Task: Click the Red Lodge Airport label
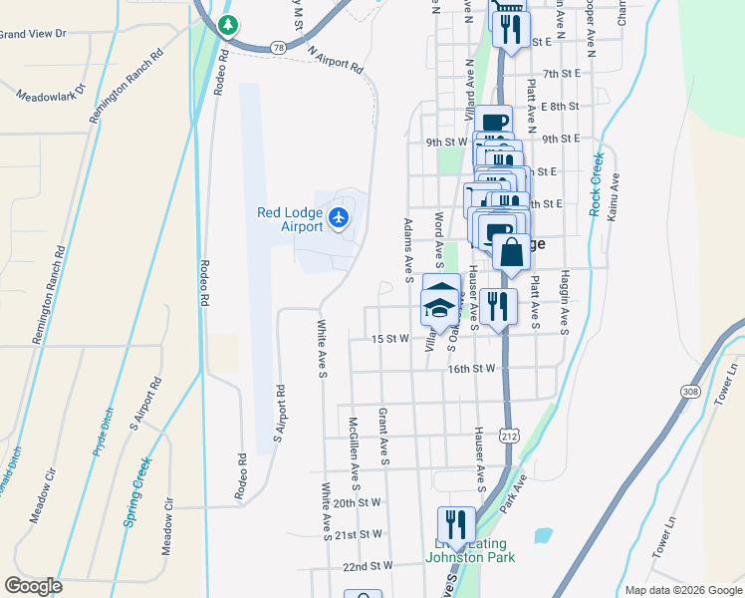click(x=289, y=219)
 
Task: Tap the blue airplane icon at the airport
click(x=340, y=216)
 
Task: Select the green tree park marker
click(x=230, y=23)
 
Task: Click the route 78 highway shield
click(x=278, y=47)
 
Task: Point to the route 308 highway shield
click(x=691, y=393)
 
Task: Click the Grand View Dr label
click(x=33, y=34)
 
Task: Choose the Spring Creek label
click(x=138, y=491)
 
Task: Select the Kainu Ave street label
click(x=616, y=197)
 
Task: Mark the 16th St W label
click(x=471, y=369)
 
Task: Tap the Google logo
click(x=34, y=586)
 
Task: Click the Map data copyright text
click(x=682, y=590)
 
